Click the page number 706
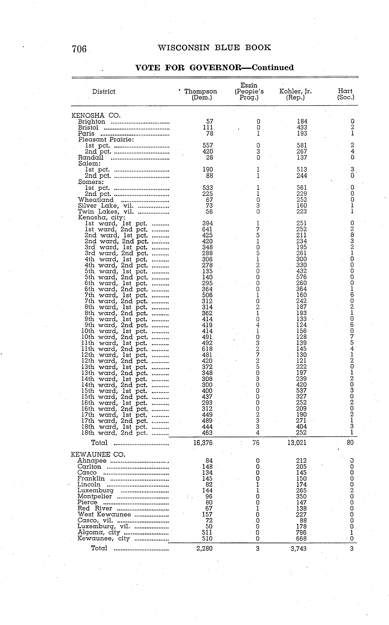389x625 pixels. [x=79, y=49]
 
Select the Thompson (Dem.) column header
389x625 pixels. [x=201, y=94]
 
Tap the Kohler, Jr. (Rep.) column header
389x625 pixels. [x=295, y=94]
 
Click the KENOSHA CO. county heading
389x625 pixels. [x=96, y=116]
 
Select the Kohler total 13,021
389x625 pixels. [x=297, y=443]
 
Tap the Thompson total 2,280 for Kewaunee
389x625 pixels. [x=205, y=548]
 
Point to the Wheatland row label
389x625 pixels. [x=96, y=200]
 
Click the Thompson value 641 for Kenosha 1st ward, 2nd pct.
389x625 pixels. [x=207, y=229]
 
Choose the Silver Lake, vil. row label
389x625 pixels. [x=106, y=206]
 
